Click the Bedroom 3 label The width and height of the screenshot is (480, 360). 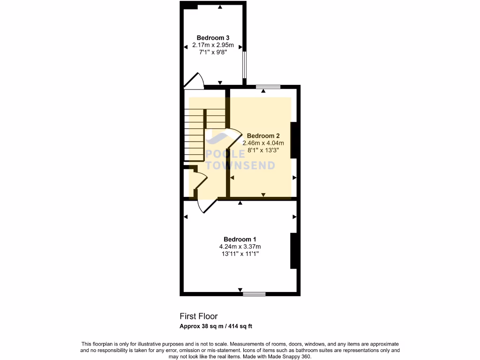coord(213,38)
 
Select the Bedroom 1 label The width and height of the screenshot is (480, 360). coord(240,239)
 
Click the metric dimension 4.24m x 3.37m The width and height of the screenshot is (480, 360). coord(240,247)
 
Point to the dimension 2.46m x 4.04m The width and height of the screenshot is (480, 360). coord(263,143)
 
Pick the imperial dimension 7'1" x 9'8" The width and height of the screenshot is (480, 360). coord(213,52)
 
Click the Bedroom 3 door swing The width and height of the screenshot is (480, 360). coord(195,81)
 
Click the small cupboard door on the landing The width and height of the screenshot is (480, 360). coord(199,180)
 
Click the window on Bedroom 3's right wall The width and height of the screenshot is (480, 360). coord(244,64)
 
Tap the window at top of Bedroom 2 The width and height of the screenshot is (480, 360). coord(268,87)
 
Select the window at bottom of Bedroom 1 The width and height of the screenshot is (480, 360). coord(254,294)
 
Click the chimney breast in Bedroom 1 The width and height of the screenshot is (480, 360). coord(293,251)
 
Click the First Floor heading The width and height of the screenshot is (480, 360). coord(199,316)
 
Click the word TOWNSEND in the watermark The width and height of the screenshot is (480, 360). coord(241,165)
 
